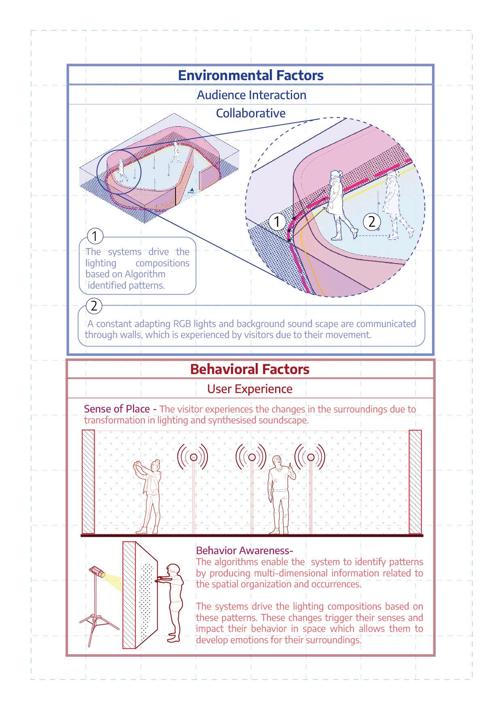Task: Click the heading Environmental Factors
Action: [x=251, y=75]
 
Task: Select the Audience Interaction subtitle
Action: [x=251, y=95]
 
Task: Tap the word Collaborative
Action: [x=250, y=113]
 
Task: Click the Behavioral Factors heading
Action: [x=250, y=369]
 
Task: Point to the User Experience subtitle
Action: [x=250, y=389]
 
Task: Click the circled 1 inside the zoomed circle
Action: [x=277, y=222]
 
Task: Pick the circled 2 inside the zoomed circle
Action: [x=372, y=221]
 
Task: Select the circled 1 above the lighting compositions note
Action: [x=95, y=236]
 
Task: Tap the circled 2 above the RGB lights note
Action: [x=94, y=306]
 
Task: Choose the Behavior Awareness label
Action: [x=244, y=551]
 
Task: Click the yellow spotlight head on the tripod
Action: [x=98, y=572]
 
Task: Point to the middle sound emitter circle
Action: [x=252, y=457]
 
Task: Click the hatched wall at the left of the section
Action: [x=88, y=482]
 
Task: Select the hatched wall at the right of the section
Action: [x=415, y=482]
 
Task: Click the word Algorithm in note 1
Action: [x=144, y=274]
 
